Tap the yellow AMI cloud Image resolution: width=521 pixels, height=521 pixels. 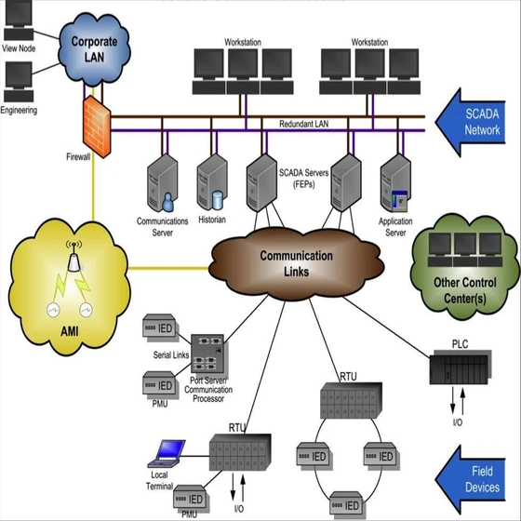[66, 271]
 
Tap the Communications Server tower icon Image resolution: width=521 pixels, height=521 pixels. [162, 185]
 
